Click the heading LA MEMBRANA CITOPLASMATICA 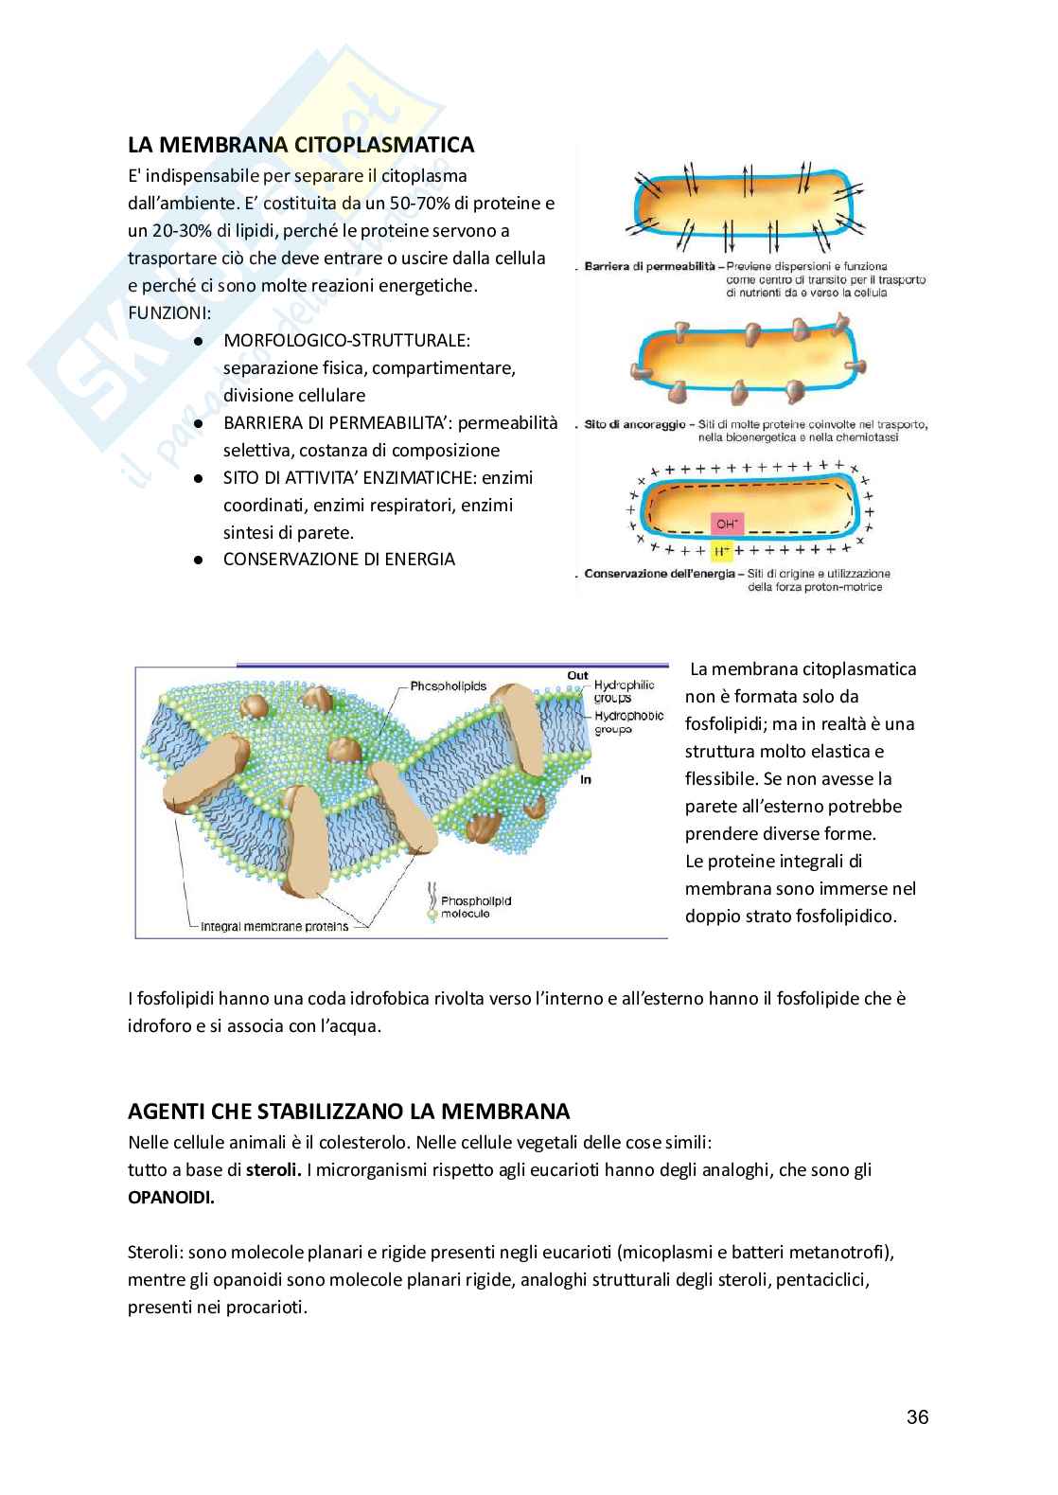(301, 145)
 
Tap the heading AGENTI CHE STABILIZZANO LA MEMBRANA (348, 1110)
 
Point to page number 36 (917, 1416)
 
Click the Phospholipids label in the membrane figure (448, 685)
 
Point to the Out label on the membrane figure (577, 675)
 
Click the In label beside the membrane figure (585, 779)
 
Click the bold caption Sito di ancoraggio (634, 425)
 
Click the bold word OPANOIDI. (170, 1197)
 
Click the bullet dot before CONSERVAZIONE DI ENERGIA (199, 560)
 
